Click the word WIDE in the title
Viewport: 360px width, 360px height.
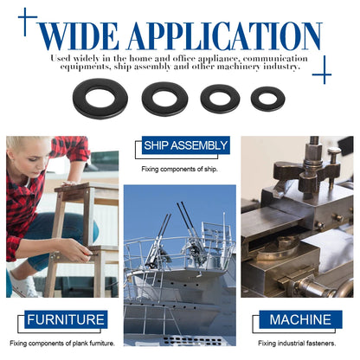[x=79, y=36]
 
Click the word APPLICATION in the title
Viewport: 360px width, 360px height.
[x=225, y=36]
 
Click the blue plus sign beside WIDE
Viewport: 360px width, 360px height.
[x=27, y=22]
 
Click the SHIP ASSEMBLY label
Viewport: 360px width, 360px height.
[x=186, y=145]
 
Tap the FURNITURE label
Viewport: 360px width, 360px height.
[x=66, y=319]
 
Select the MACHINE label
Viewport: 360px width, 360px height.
[x=300, y=319]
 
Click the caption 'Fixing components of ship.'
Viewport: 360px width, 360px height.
[x=179, y=169]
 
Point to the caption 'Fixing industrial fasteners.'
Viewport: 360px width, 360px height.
[x=297, y=344]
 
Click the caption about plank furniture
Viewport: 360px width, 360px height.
[x=62, y=344]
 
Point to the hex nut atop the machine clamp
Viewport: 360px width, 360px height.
[x=314, y=151]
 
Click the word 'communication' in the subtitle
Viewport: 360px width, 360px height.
[x=275, y=59]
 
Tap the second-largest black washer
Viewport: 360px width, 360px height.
[x=164, y=99]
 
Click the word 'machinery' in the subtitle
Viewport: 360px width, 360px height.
[x=239, y=67]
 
